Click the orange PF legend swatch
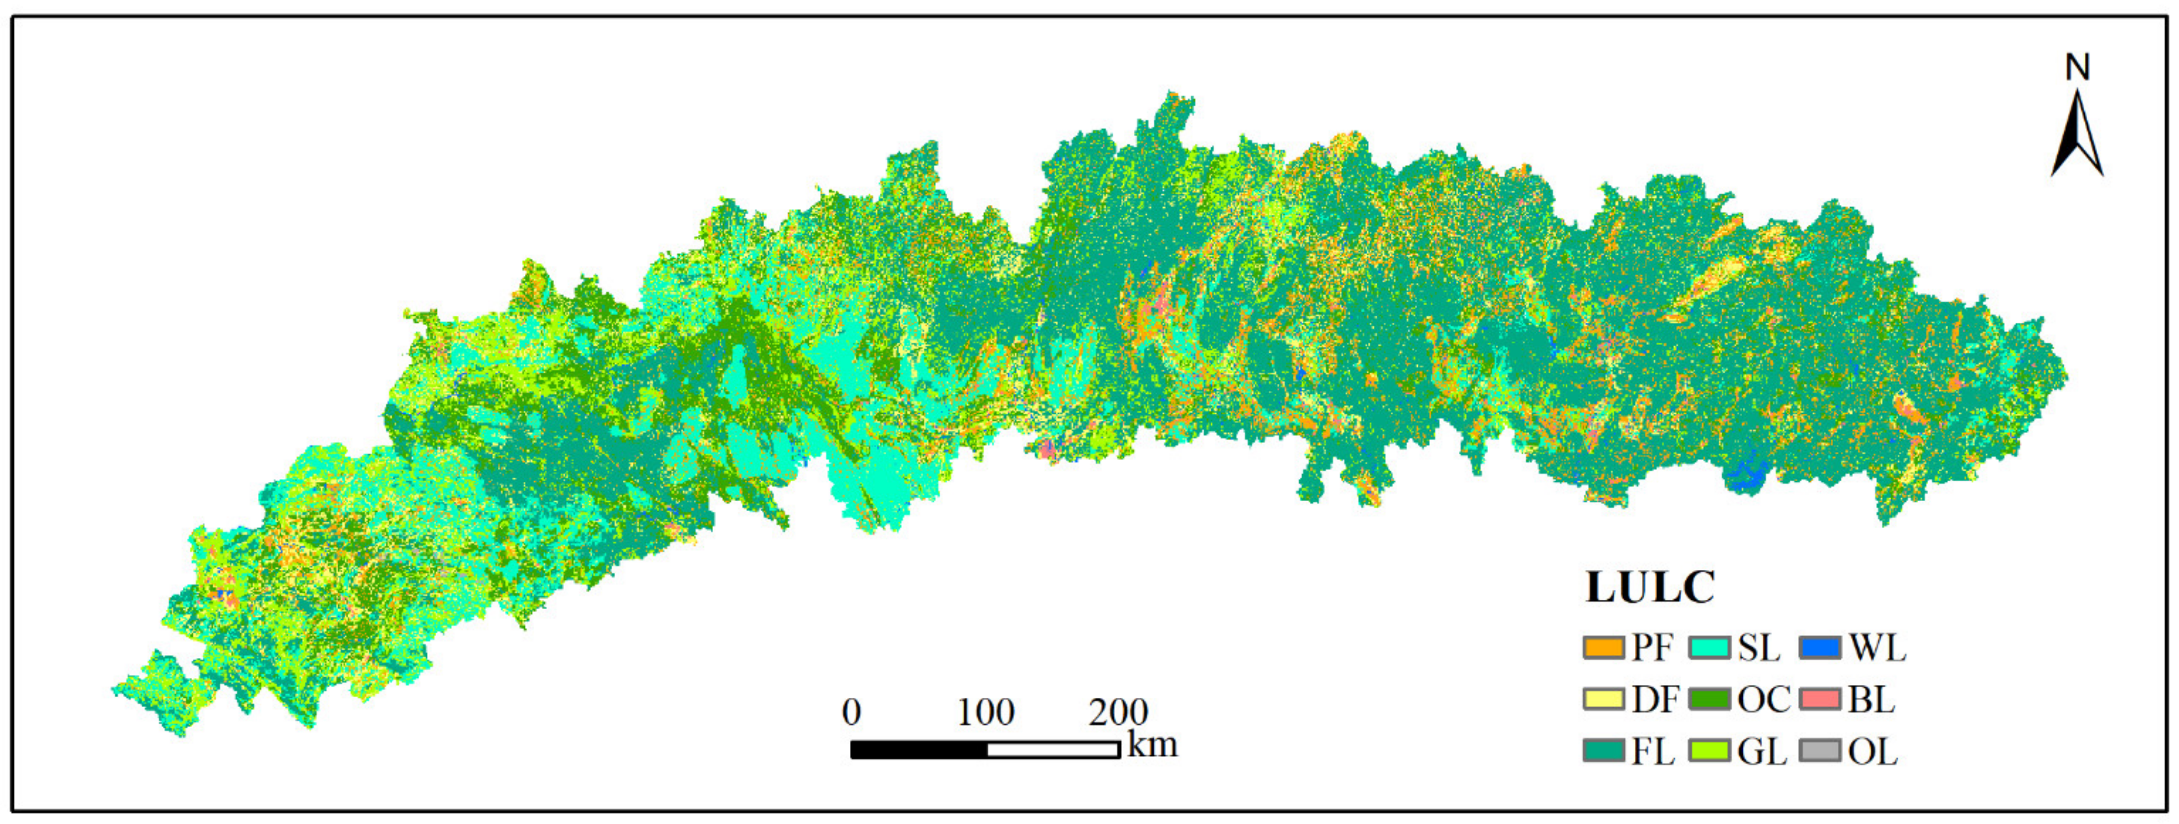(x=1603, y=648)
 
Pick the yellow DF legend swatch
(x=1603, y=699)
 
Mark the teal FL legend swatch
(x=1603, y=751)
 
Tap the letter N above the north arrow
(x=2078, y=68)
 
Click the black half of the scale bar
(x=918, y=750)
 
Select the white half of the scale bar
(x=1053, y=750)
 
